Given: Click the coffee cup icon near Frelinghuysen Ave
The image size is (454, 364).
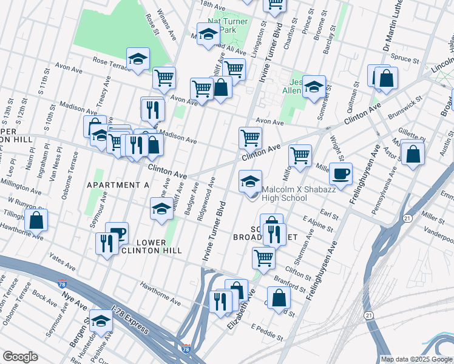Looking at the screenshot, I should pos(341,174).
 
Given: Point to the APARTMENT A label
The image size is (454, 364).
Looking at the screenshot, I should pos(118,184).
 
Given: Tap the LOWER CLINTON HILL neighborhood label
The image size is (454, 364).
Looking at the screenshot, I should pos(143,246).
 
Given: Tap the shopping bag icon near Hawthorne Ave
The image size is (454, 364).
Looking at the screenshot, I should pos(37,221).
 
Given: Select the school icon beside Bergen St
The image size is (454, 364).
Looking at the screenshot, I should pos(101,321).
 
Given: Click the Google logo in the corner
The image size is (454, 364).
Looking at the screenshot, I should pos(20,357).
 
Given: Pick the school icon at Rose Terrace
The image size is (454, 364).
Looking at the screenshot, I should pos(138,59).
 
